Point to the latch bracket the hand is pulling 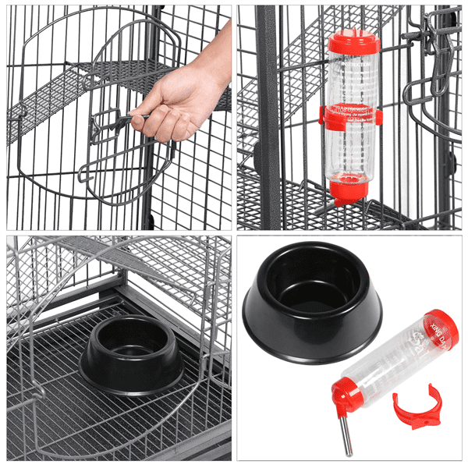tap(109, 125)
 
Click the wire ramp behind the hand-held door tap(47, 101)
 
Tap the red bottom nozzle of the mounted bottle tap(347, 187)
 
